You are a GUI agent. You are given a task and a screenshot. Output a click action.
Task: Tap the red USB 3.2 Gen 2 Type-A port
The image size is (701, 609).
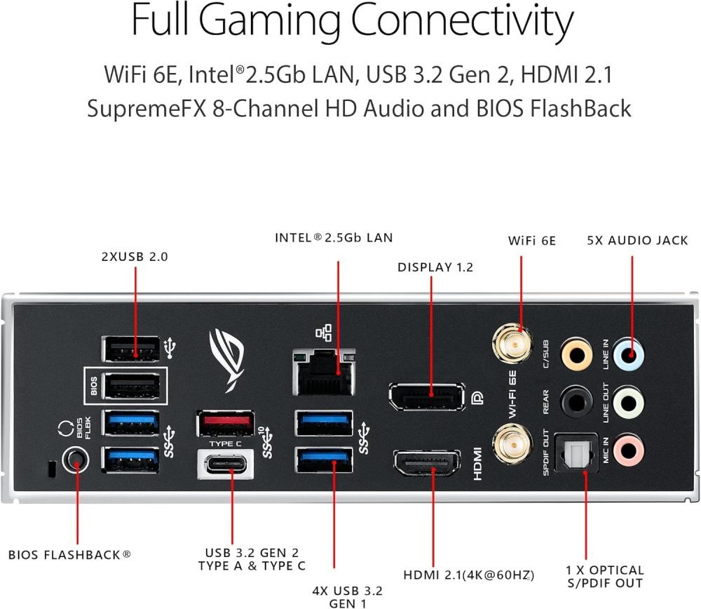[x=226, y=423]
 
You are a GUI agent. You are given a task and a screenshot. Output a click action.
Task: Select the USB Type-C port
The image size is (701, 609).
[x=226, y=464]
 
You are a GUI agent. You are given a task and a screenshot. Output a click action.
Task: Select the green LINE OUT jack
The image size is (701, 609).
[x=629, y=401]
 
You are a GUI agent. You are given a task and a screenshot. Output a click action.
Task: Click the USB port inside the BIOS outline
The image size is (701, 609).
[x=130, y=385]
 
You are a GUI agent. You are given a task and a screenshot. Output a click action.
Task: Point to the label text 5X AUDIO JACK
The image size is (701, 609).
[x=637, y=241]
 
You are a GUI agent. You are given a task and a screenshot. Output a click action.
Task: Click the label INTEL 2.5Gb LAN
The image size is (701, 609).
[x=334, y=238]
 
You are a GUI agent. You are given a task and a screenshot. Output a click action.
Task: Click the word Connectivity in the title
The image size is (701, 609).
[x=463, y=22]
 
